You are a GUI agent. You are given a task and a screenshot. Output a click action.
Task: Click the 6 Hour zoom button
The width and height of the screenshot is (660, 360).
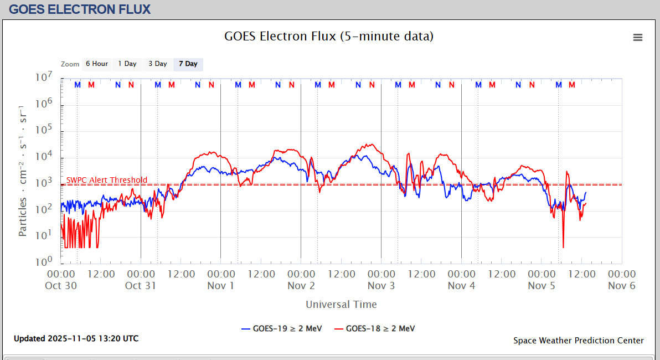[96, 64]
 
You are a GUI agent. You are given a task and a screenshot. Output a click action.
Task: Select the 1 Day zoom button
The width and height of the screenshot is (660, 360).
[127, 64]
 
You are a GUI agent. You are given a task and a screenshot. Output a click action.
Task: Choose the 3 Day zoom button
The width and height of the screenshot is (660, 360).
[158, 64]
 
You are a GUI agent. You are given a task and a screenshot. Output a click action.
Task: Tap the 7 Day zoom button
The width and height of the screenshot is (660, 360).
[188, 64]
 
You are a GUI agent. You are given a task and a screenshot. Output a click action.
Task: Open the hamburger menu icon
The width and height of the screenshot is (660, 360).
[638, 37]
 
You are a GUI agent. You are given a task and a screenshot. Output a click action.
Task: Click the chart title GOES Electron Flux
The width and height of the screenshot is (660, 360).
[329, 37]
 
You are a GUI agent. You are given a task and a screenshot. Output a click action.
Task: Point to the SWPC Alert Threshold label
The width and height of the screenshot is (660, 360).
[107, 180]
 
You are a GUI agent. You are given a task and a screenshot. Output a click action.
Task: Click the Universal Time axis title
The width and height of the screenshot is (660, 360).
[341, 304]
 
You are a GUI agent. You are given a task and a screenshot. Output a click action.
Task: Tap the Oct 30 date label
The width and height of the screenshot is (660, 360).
[61, 286]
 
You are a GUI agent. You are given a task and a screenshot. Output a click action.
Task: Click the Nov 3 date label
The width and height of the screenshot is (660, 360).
[381, 286]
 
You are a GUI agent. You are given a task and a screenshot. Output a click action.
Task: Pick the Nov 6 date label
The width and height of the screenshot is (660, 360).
[621, 286]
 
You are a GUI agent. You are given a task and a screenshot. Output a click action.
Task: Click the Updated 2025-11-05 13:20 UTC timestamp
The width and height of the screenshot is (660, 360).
[76, 338]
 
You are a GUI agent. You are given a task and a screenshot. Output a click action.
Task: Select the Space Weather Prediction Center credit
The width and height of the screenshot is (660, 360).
[578, 341]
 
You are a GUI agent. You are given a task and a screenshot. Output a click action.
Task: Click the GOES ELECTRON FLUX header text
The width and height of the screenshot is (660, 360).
[80, 9]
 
